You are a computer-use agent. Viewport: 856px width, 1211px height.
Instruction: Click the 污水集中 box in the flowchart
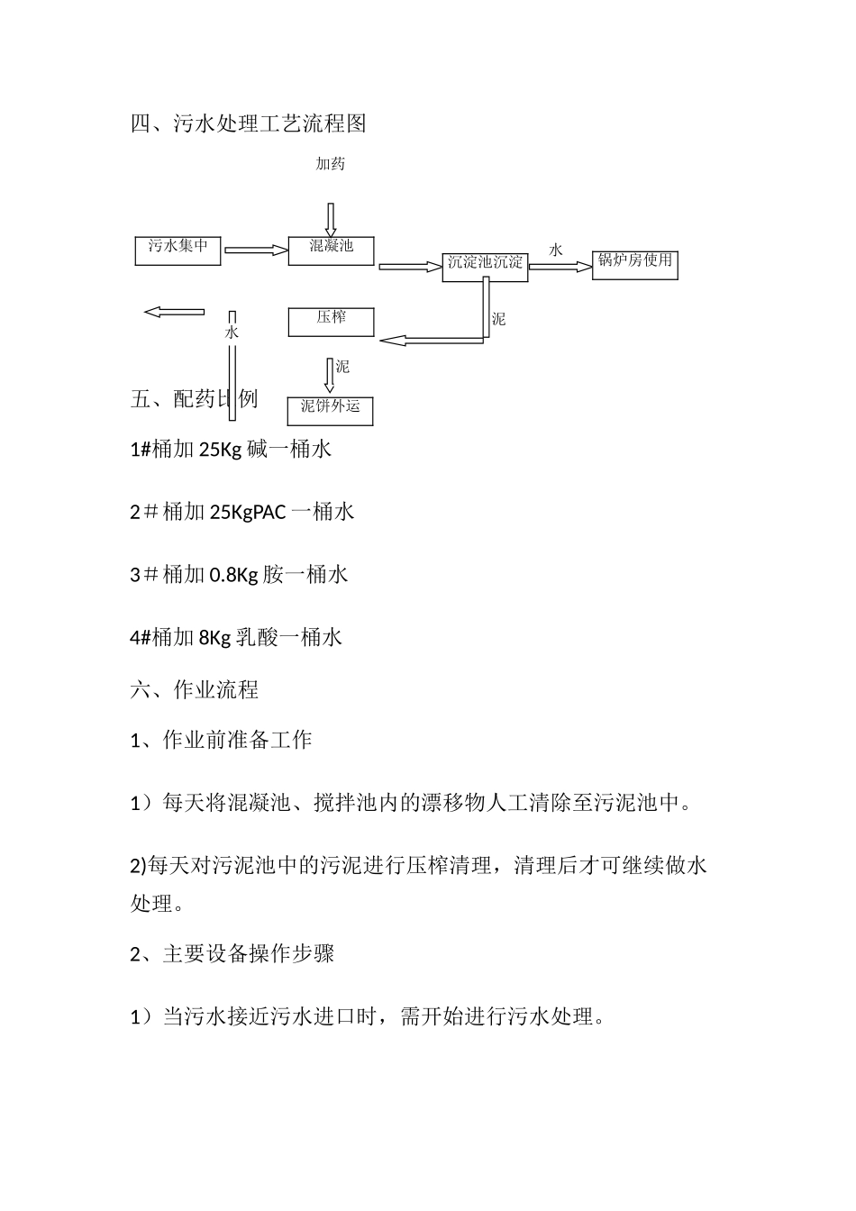point(178,250)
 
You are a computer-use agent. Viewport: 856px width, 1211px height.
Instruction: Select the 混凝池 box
point(331,250)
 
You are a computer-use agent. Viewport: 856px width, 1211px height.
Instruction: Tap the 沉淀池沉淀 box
point(485,266)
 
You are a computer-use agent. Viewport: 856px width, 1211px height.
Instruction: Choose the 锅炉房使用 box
point(634,264)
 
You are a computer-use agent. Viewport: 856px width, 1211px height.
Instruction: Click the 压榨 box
point(331,322)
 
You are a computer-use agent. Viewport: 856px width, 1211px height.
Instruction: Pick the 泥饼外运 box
point(330,410)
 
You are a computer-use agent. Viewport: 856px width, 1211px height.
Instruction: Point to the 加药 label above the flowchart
point(330,164)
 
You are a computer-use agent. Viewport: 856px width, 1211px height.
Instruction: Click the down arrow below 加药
point(331,220)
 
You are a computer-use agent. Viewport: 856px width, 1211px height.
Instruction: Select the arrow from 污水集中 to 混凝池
point(255,250)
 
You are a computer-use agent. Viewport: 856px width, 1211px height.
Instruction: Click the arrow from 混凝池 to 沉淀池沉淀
point(409,267)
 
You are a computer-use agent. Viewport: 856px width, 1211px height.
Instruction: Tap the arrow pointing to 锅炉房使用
point(558,266)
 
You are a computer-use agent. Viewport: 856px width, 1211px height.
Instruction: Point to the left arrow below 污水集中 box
point(174,312)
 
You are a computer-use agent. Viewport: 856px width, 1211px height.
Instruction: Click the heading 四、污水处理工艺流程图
point(249,123)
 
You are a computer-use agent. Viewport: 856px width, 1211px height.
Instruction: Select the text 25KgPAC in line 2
point(248,512)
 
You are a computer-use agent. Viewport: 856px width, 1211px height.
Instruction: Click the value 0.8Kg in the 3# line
point(233,575)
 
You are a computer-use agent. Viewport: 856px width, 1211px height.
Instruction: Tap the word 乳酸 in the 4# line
point(257,638)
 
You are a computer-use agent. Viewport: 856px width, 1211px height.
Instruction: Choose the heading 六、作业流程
point(195,690)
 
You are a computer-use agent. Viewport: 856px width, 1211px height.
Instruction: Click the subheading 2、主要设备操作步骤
point(232,953)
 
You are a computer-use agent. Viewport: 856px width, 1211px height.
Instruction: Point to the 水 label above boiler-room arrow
point(556,250)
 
